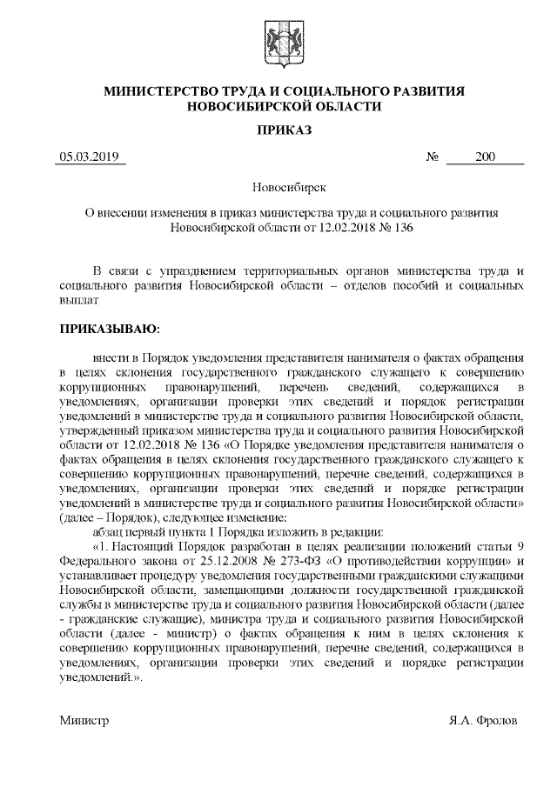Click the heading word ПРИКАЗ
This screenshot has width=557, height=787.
click(x=278, y=130)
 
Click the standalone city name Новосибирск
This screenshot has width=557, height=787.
click(x=278, y=186)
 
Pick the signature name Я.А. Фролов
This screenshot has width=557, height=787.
click(x=484, y=721)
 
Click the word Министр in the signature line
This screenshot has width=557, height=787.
click(x=84, y=721)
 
